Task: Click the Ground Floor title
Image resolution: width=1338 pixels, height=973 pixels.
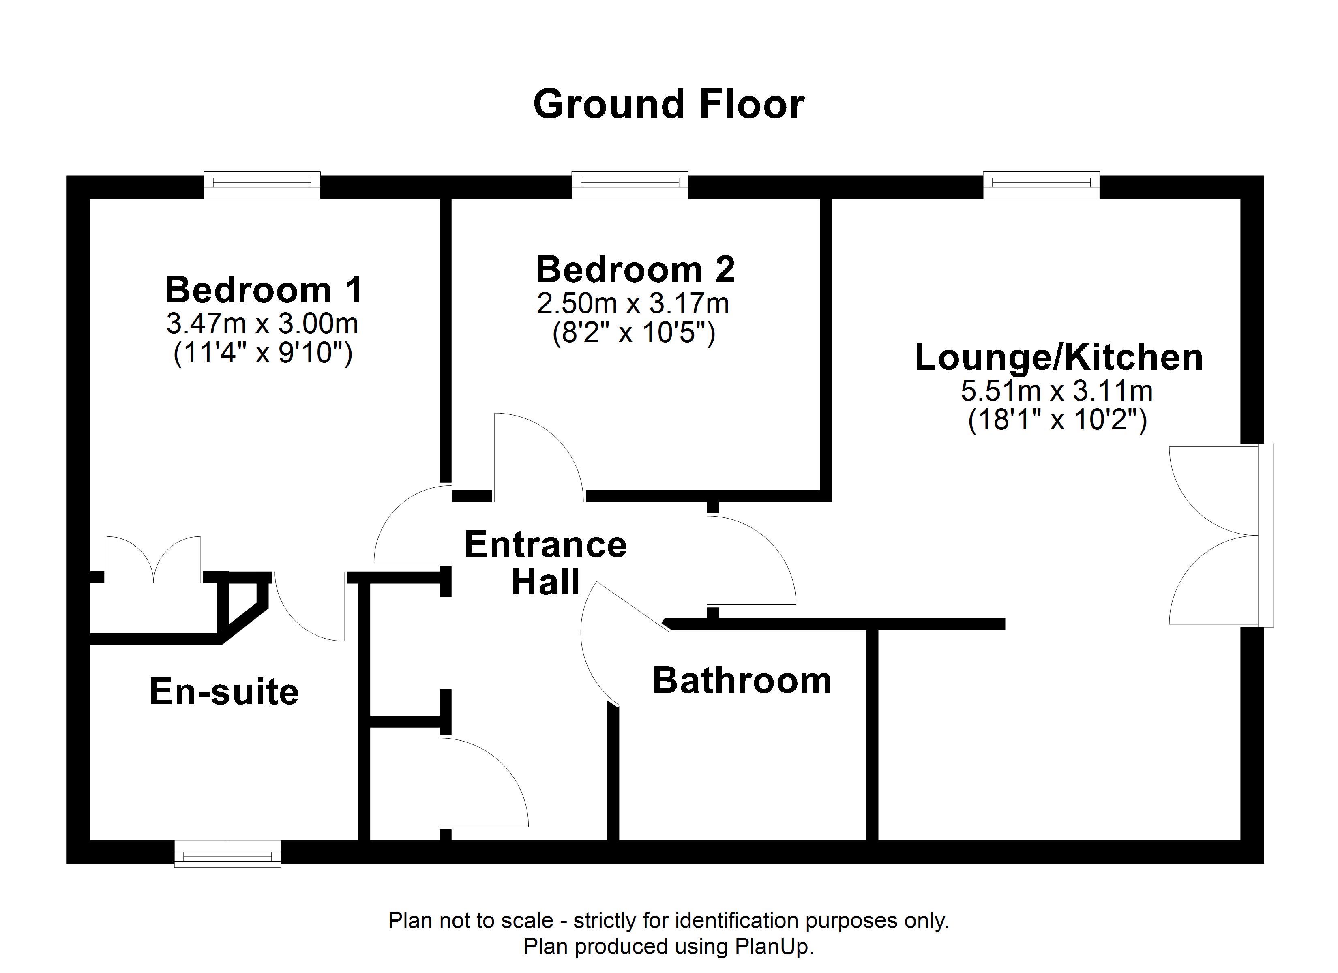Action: tap(669, 105)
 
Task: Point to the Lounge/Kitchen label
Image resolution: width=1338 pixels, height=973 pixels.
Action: tap(1058, 357)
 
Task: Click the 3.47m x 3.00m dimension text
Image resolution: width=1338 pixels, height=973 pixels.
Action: tap(262, 324)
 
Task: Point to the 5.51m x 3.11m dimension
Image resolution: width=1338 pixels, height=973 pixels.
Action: tap(1057, 390)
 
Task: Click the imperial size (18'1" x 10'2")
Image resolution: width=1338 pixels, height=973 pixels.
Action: tap(1058, 421)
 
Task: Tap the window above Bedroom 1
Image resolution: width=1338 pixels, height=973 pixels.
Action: tap(262, 185)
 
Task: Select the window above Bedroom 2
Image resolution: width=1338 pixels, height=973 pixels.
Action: tap(630, 185)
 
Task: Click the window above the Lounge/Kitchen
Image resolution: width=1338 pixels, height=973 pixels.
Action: tap(1041, 185)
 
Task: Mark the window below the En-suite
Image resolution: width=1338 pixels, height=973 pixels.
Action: tap(228, 853)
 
